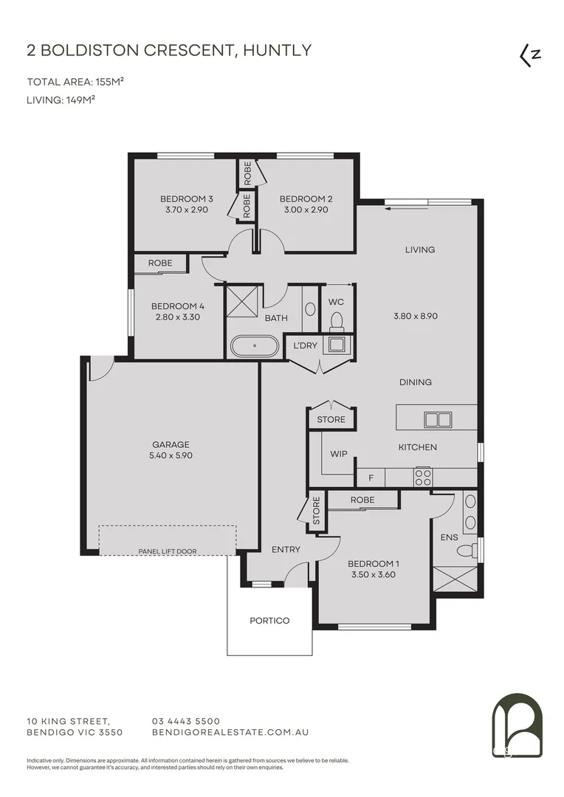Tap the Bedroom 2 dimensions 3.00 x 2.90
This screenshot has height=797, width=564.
pos(303,210)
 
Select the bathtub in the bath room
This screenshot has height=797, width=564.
pos(255,345)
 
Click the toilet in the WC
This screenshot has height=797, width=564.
pos(337,321)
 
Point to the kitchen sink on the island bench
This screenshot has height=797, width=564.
pos(437,420)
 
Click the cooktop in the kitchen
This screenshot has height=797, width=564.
pos(423,477)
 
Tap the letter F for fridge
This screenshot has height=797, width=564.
pos(371,478)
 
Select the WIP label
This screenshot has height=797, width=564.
pos(339,455)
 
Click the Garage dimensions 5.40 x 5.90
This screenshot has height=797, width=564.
pos(171,455)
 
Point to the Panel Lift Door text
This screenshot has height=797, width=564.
pos(168,551)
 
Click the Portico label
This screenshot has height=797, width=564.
pos(269,621)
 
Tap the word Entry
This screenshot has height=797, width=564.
pos(286,549)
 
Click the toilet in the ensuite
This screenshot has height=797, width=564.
pos(467,551)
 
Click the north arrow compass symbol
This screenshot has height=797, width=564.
pos(529,55)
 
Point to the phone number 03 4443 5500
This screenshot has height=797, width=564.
pos(185,721)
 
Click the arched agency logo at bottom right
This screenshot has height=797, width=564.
pos(517,726)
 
